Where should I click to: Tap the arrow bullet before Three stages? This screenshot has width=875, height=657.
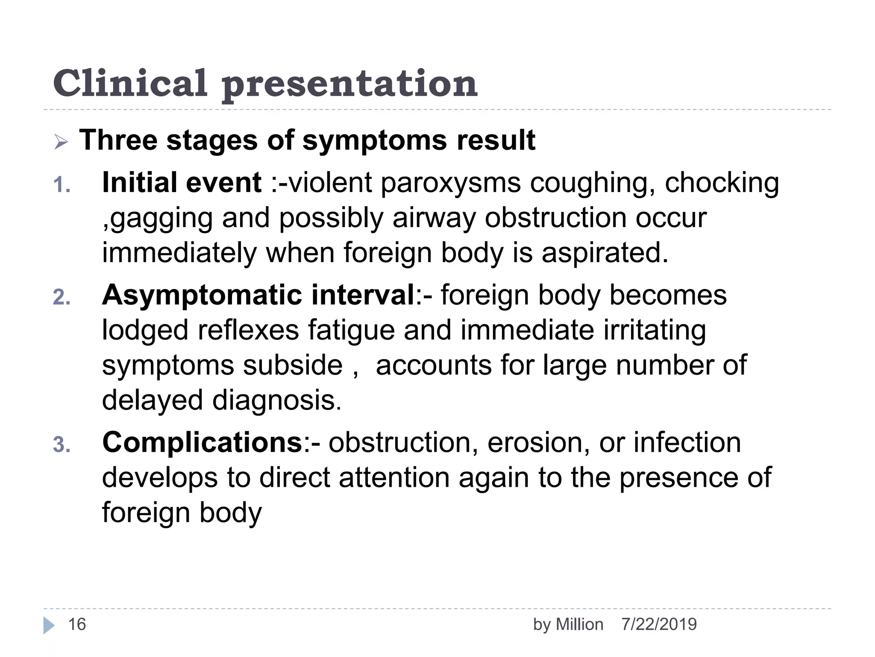pyautogui.click(x=61, y=142)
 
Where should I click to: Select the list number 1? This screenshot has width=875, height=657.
pyautogui.click(x=62, y=186)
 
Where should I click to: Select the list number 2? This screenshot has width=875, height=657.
pyautogui.click(x=62, y=297)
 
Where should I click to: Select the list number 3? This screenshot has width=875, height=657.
pyautogui.click(x=62, y=445)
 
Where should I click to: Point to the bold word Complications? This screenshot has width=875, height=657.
pyautogui.click(x=203, y=442)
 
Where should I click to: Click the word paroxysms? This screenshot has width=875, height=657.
pyautogui.click(x=450, y=183)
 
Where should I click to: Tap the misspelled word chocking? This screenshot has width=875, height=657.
pyautogui.click(x=722, y=183)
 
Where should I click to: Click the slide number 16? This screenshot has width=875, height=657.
pyautogui.click(x=77, y=624)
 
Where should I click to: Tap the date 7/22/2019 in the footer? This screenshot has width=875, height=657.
pyautogui.click(x=659, y=624)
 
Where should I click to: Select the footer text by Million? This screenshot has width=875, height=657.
pyautogui.click(x=568, y=625)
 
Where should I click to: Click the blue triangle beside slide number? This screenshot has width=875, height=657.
pyautogui.click(x=48, y=625)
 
